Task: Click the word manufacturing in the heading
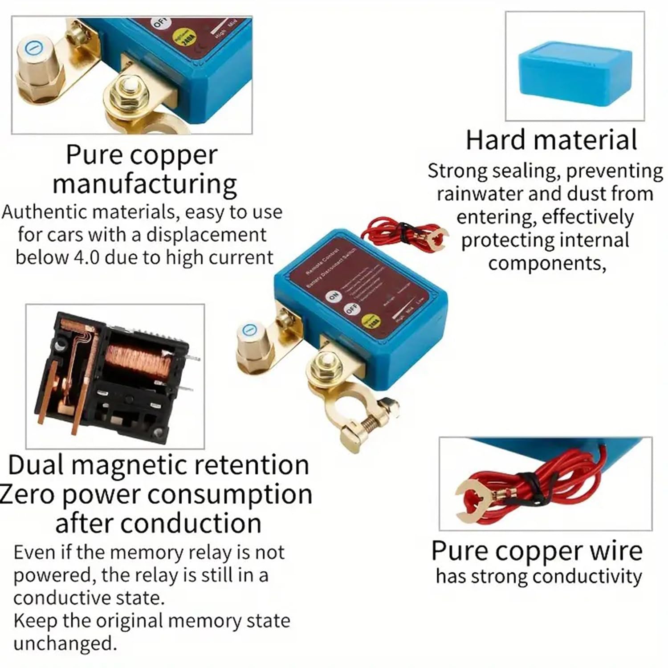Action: point(145,184)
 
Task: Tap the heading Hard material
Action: point(551,140)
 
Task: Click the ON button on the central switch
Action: point(333,296)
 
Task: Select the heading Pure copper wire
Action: point(537,551)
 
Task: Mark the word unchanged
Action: point(65,643)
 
